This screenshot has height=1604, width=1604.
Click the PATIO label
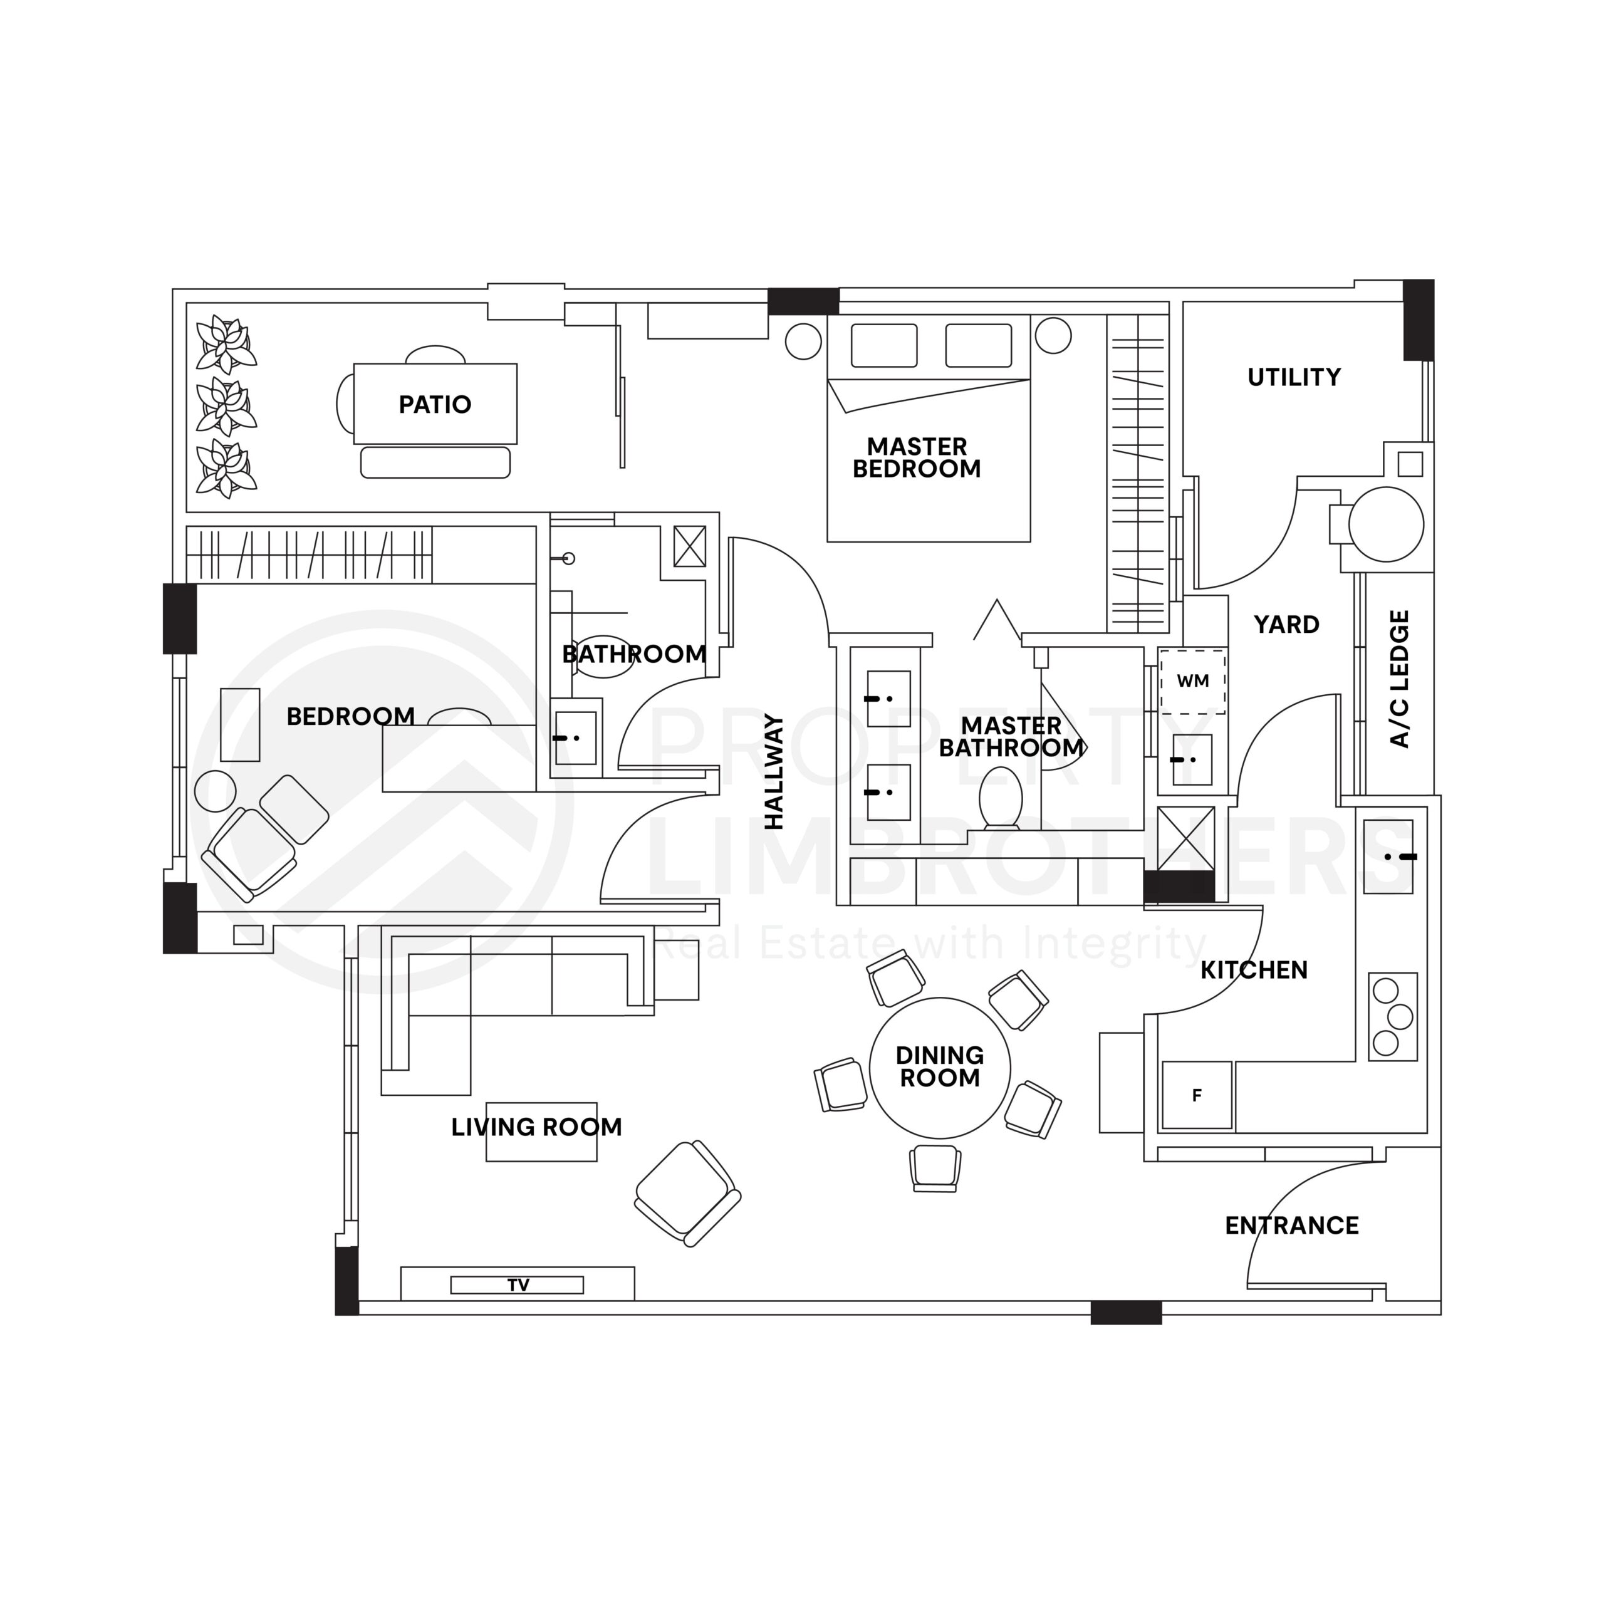[x=435, y=405]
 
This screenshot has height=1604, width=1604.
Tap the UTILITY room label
[x=1293, y=378]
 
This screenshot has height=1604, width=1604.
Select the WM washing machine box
[x=1193, y=682]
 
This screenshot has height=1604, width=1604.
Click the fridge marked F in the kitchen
[x=1196, y=1095]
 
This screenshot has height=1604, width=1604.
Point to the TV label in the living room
[x=518, y=1285]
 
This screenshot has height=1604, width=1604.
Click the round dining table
[x=940, y=1068]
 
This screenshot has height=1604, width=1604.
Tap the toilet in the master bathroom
[x=1001, y=797]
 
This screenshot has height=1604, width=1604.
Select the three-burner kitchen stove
[x=1392, y=1016]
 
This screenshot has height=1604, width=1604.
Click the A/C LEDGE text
[x=1399, y=679]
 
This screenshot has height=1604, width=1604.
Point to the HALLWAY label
[x=774, y=771]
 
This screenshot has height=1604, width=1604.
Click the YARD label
[x=1286, y=624]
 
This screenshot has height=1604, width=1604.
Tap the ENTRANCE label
[x=1292, y=1226]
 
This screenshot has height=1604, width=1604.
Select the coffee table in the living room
[x=541, y=1132]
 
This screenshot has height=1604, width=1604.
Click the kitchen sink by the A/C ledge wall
[x=1388, y=857]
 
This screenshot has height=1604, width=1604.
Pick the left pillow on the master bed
[x=884, y=345]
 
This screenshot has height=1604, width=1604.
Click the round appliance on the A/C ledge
[x=1386, y=524]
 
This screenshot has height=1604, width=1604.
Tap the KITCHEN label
[x=1254, y=970]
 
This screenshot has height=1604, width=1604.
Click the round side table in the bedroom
[x=215, y=791]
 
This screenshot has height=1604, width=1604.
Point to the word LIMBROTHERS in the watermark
[x=996, y=863]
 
